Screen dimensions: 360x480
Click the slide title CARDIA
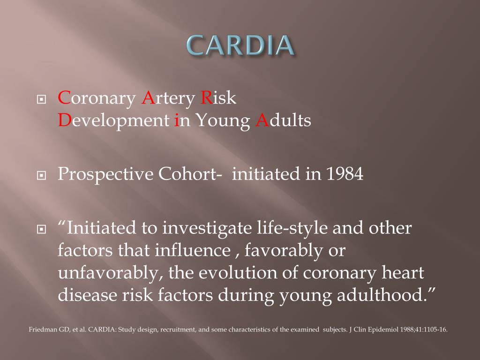coord(240,45)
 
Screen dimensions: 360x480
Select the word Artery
coord(168,99)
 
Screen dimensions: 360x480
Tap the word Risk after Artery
coord(218,99)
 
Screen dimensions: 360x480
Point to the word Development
coord(112,121)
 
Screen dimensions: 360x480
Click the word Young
coord(223,121)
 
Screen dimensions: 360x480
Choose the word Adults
coord(283,121)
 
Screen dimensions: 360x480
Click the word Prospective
coord(105,174)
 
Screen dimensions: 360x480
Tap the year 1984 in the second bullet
coord(345,174)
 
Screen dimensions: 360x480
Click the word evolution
coord(234,273)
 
